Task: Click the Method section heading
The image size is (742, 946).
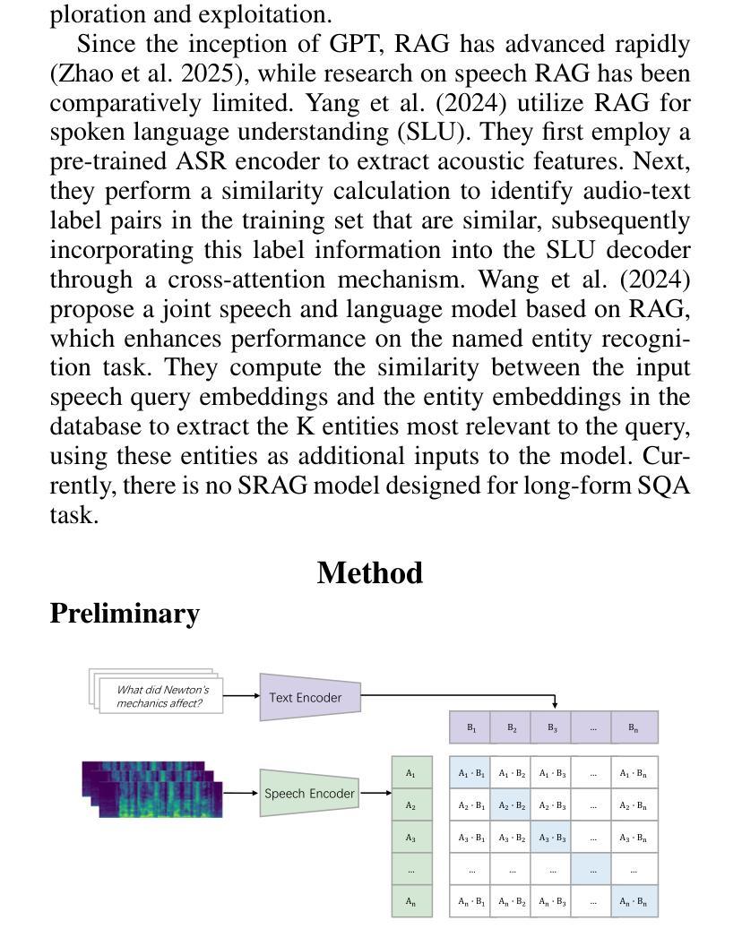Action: pos(369,572)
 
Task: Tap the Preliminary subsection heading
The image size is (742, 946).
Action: pos(125,614)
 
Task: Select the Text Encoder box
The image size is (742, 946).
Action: pos(309,697)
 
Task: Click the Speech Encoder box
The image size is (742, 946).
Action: pos(309,794)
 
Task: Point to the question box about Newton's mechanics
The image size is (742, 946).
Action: pos(161,696)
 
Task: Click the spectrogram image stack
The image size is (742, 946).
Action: pos(152,789)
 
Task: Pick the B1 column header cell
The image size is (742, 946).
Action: pos(470,727)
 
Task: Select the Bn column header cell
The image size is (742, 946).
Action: pos(634,727)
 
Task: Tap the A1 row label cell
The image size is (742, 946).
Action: pos(411,772)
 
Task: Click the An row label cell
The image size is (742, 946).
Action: pos(411,901)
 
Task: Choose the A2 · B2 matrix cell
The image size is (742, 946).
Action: pos(512,805)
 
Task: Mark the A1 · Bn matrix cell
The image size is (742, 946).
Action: pos(634,772)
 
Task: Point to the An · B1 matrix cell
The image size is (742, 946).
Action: pos(471,901)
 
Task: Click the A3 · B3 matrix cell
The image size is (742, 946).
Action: pos(552,838)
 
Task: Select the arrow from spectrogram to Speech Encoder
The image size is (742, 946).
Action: pos(241,793)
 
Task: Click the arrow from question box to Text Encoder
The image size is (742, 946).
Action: pos(241,696)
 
